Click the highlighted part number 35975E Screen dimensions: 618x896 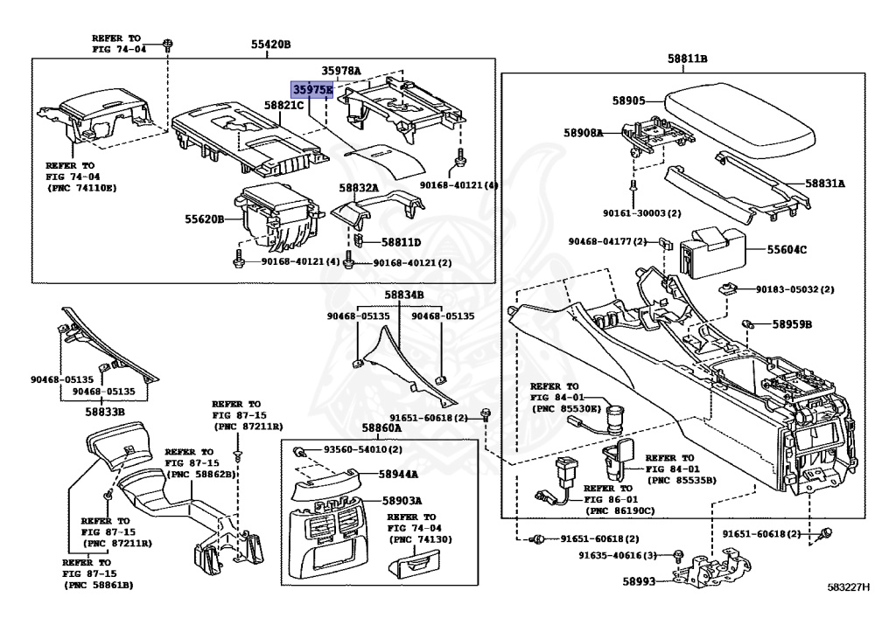pos(312,89)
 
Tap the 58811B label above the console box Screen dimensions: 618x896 pos(688,59)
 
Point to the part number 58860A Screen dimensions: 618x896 pos(381,428)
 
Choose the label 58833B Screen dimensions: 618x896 pos(105,411)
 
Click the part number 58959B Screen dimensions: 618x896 pos(791,324)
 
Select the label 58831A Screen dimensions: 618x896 pos(825,184)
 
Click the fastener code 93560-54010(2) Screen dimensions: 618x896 pos(363,449)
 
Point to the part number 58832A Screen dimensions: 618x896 pos(359,188)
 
